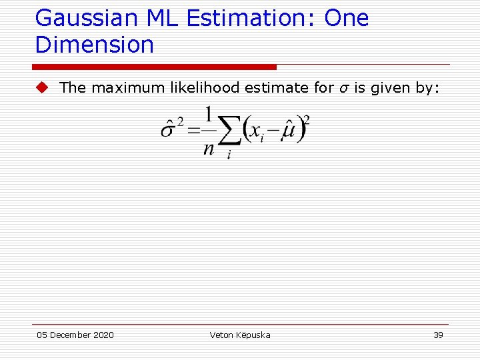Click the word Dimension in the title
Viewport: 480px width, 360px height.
point(95,45)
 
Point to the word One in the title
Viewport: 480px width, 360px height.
point(347,19)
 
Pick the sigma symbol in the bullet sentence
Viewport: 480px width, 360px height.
point(341,88)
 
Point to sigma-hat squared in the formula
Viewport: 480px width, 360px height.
point(172,129)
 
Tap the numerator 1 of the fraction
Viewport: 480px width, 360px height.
point(209,115)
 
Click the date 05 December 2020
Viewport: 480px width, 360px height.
point(75,335)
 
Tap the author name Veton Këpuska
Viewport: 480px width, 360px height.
point(240,335)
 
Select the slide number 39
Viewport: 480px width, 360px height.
point(438,335)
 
